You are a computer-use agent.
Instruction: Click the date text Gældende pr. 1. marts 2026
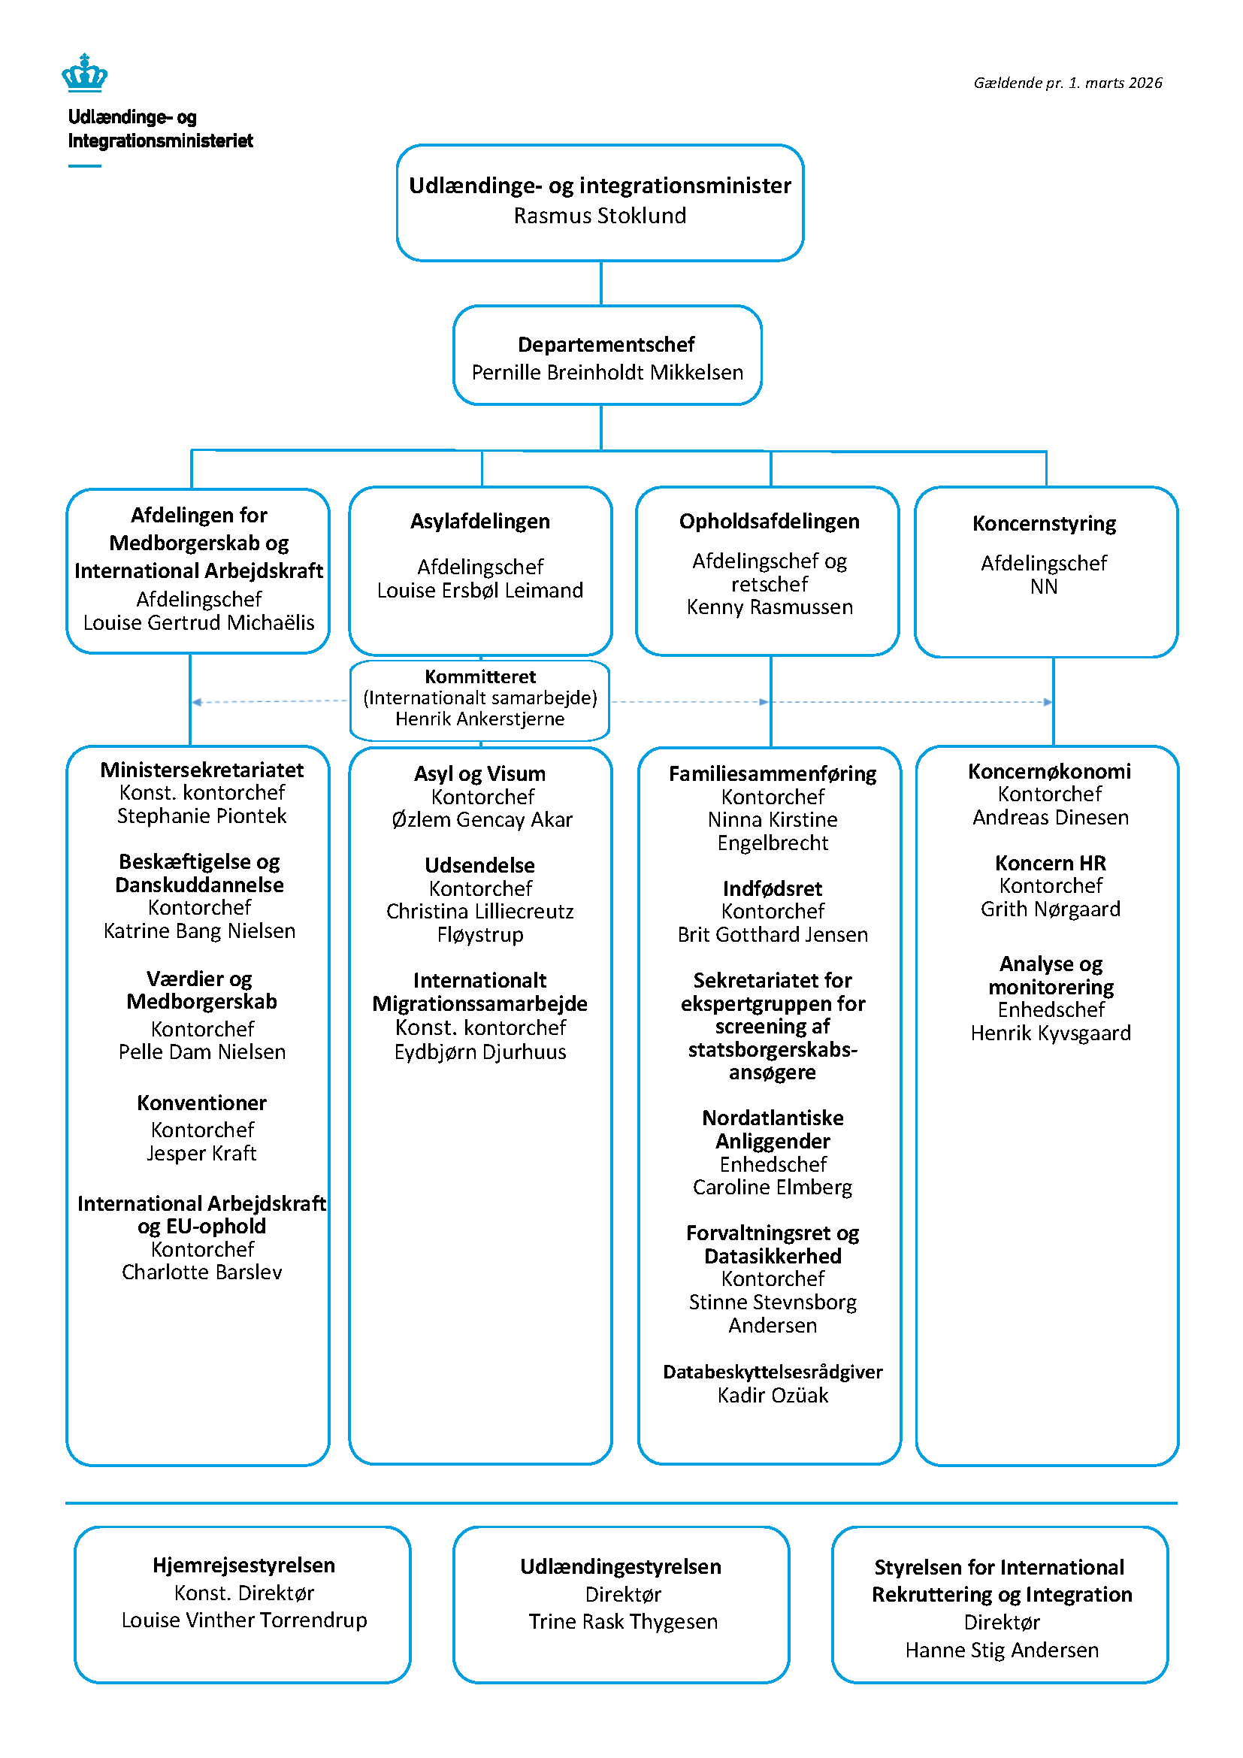pos(1067,83)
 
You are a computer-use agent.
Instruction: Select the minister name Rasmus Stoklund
pos(599,216)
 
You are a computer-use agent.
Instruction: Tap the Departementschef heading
pos(606,344)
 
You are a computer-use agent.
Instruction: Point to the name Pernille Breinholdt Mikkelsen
pos(607,373)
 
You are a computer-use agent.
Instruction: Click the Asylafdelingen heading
pos(480,522)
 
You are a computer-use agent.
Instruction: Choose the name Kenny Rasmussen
pos(770,607)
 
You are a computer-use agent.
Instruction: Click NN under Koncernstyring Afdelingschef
pos(1043,587)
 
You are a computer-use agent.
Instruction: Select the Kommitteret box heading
pos(480,677)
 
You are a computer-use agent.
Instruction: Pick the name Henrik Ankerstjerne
pos(480,719)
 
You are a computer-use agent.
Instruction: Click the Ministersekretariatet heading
pos(201,770)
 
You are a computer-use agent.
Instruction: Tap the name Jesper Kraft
pos(201,1153)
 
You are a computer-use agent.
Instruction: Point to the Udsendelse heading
pos(480,866)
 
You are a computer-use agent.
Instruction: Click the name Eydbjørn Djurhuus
pos(480,1052)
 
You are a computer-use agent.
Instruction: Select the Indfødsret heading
pos(773,889)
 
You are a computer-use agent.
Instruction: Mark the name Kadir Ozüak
pos(773,1395)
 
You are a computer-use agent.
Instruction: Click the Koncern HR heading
pos(1050,864)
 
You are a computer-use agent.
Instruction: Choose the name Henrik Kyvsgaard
pos(1050,1033)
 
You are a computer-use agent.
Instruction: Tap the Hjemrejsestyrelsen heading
pos(243,1565)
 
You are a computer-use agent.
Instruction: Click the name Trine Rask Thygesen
pos(622,1622)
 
